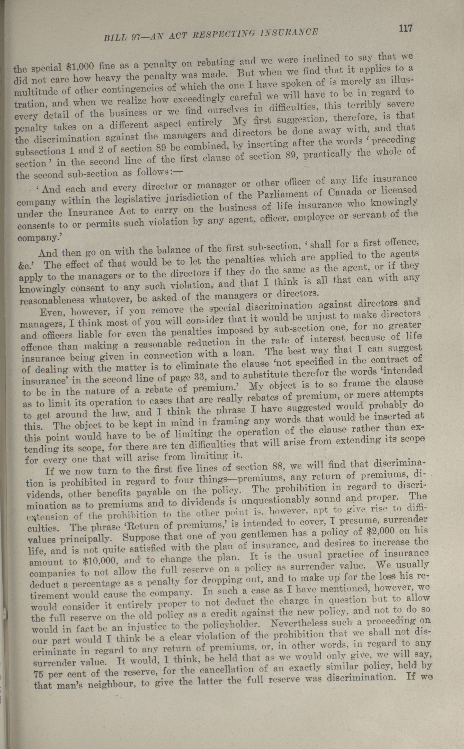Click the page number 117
(405, 29)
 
